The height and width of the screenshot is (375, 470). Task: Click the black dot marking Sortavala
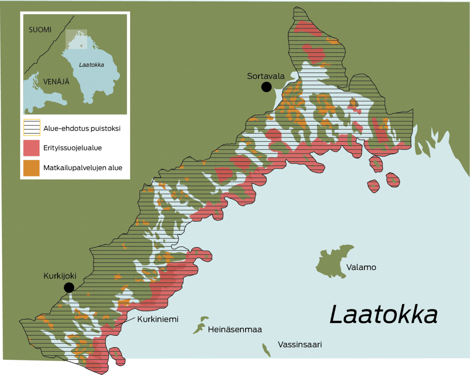266,87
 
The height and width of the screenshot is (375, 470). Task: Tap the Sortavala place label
266,76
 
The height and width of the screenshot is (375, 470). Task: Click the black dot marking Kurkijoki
69,287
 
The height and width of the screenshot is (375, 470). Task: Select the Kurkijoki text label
59,276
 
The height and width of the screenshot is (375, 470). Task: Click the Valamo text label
361,267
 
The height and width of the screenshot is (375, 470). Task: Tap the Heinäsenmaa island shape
200,325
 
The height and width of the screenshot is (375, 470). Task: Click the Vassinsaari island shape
266,349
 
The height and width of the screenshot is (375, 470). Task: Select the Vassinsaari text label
300,344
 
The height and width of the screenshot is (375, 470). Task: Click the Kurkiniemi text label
157,319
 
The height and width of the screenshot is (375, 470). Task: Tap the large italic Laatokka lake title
383,316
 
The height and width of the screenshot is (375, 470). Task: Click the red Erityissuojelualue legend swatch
32,148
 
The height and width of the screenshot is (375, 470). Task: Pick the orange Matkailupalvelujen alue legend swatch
32,168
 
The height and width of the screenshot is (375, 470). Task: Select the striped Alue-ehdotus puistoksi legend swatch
32,128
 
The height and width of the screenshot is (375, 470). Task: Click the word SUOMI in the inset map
40,30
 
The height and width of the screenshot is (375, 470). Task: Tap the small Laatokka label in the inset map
91,65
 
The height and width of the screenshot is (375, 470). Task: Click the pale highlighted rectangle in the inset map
76,39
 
